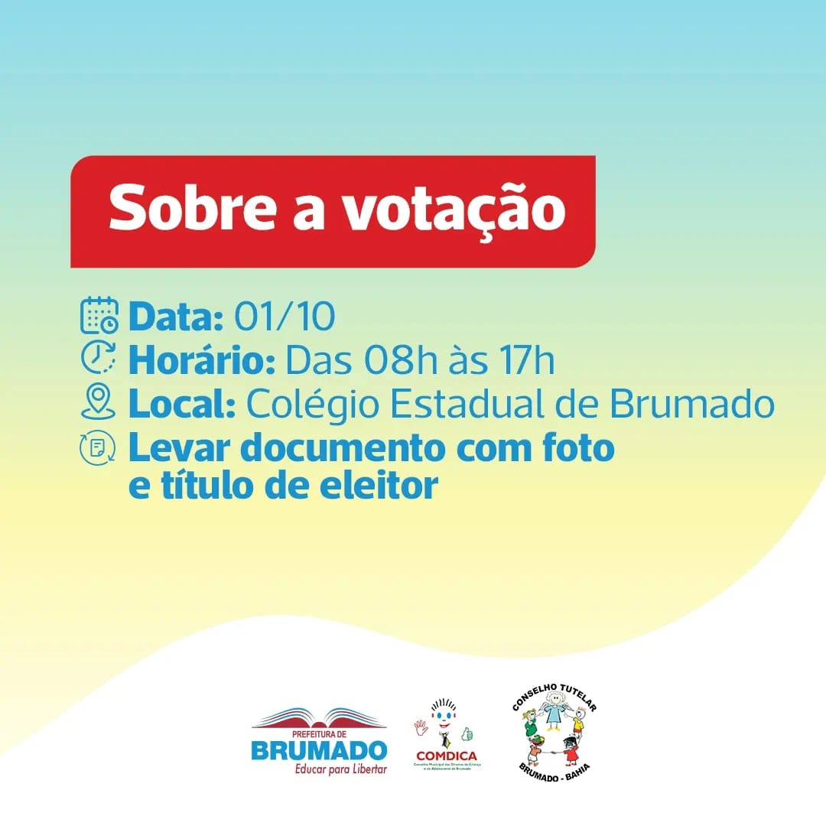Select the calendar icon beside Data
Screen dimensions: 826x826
click(x=99, y=315)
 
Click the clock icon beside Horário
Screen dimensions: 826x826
click(x=99, y=358)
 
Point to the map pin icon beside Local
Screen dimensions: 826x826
click(x=99, y=403)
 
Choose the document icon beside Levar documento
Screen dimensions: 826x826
click(x=99, y=448)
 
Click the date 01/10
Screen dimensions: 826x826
click(x=285, y=317)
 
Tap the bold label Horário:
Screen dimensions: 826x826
click(x=202, y=360)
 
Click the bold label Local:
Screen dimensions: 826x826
click(x=181, y=405)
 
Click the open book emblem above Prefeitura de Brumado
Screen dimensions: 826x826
click(x=319, y=718)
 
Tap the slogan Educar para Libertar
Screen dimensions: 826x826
click(x=341, y=769)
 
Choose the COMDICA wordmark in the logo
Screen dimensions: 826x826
click(x=446, y=756)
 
